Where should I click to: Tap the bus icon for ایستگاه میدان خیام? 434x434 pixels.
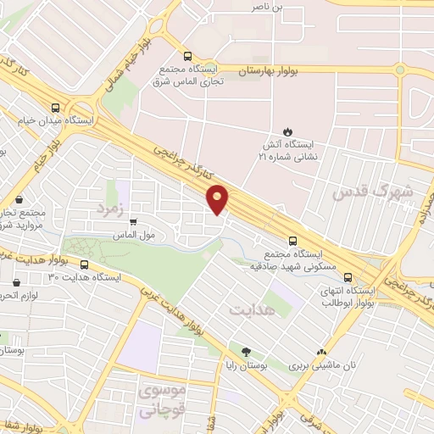[55, 108]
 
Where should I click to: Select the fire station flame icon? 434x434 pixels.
[287, 131]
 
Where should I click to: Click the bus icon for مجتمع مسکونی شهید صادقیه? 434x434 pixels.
[292, 240]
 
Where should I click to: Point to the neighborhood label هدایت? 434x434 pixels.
[252, 309]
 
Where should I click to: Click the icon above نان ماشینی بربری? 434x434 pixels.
[321, 352]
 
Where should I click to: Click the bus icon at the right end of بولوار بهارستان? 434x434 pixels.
[400, 70]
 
